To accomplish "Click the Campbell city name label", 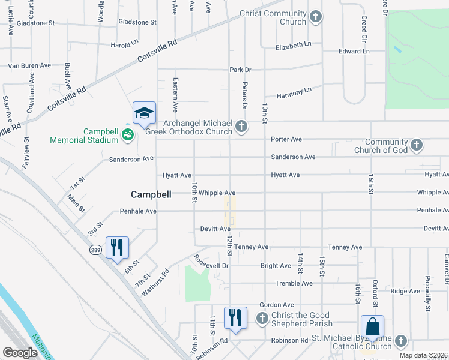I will click(151, 194).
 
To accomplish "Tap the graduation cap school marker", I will click(144, 113).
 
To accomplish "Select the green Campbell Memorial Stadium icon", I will click(127, 135).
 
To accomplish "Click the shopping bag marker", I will click(372, 328).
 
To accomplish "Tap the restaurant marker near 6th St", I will click(117, 247).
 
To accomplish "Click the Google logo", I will click(20, 352).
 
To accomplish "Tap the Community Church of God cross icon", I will click(416, 145).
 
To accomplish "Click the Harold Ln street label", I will click(125, 45).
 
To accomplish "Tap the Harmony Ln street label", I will click(294, 90).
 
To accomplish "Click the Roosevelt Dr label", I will click(211, 263).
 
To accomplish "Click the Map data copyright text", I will click(423, 355).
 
